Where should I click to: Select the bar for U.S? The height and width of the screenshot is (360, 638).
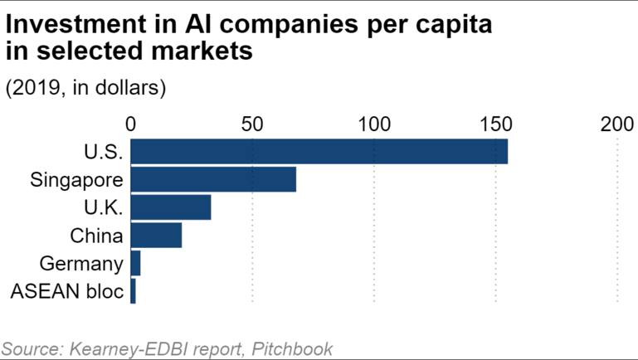[x=319, y=152]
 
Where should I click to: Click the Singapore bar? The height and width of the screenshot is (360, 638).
[x=213, y=179]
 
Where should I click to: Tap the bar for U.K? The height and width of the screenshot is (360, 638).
[x=171, y=207]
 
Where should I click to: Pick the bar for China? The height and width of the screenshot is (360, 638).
[x=156, y=236]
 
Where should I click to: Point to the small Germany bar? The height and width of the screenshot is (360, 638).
[x=135, y=264]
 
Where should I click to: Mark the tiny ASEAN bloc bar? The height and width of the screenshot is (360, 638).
[x=133, y=291]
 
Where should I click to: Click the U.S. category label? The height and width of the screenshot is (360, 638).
[x=104, y=152]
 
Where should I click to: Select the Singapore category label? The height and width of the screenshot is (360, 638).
[x=76, y=179]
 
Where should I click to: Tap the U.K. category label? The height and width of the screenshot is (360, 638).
[x=104, y=207]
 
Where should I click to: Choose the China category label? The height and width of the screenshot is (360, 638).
[x=96, y=236]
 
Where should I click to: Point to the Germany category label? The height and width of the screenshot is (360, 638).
[x=81, y=264]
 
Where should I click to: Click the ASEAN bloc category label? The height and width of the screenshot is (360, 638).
[x=66, y=291]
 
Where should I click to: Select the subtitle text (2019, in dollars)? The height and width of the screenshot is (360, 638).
[x=86, y=89]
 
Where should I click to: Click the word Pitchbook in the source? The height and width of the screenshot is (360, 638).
[x=288, y=348]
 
